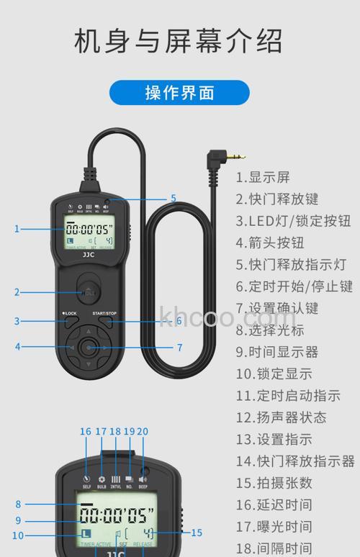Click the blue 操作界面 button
click(179, 93)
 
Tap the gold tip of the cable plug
click(240, 155)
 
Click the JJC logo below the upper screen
click(89, 255)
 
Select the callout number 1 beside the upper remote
click(17, 229)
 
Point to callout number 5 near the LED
click(173, 199)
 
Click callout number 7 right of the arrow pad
click(179, 348)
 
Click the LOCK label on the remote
click(71, 314)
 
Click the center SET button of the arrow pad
click(89, 347)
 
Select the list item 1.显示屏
click(263, 178)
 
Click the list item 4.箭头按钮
click(270, 243)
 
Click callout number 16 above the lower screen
click(86, 433)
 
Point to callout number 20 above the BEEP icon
click(142, 433)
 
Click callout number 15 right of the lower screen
click(197, 533)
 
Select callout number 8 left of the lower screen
click(18, 504)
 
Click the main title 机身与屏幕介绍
click(179, 41)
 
